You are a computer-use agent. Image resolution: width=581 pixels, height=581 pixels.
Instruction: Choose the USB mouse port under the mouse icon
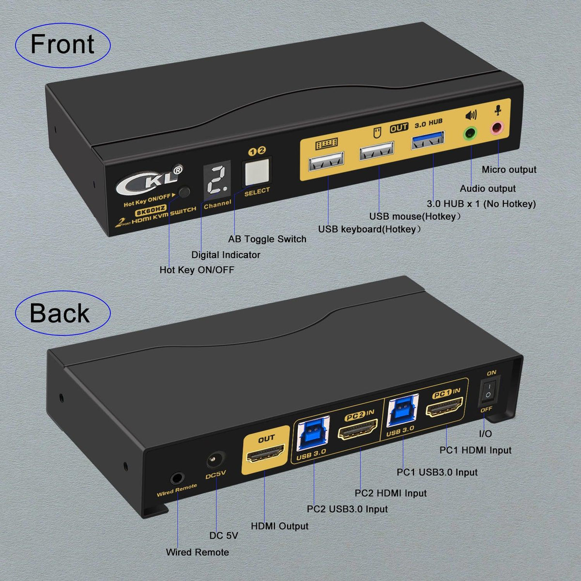pyautogui.click(x=376, y=153)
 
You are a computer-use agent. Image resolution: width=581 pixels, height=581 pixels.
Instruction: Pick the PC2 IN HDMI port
pyautogui.click(x=358, y=430)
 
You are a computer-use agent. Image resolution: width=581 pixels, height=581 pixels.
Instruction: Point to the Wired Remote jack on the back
pyautogui.click(x=177, y=478)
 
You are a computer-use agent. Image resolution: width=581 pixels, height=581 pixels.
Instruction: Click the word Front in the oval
pyautogui.click(x=62, y=45)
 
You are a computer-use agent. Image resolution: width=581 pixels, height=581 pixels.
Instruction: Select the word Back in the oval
pyautogui.click(x=60, y=313)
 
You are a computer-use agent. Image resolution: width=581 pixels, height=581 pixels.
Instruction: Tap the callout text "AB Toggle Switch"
pyautogui.click(x=267, y=239)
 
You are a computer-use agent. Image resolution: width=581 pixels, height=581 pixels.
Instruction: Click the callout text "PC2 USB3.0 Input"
pyautogui.click(x=347, y=509)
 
